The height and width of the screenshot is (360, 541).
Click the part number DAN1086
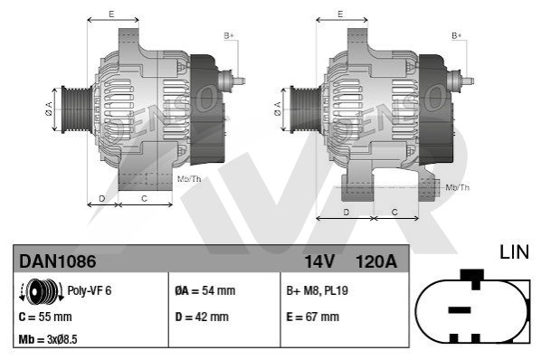(57, 261)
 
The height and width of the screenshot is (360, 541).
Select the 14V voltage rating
(319, 261)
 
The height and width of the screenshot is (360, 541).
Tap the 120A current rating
(376, 261)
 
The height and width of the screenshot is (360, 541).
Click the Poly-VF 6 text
(89, 290)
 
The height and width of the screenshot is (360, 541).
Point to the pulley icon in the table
(42, 291)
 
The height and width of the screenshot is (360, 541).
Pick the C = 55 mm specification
(45, 317)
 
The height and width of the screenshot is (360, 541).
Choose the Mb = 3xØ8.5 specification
(48, 339)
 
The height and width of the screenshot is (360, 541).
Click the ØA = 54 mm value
(205, 290)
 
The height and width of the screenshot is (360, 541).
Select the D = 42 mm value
(202, 317)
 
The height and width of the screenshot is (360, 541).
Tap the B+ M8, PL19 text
(317, 290)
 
